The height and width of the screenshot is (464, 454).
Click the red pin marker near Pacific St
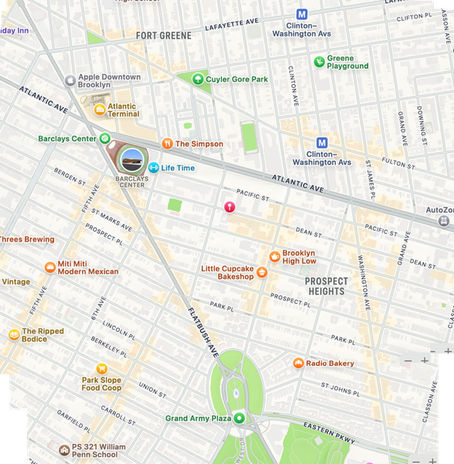pos(229,206)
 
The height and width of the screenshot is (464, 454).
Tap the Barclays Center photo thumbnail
pos(131,160)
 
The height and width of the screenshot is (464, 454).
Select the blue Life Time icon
pos(153,168)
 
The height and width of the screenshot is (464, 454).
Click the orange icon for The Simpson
pos(167,144)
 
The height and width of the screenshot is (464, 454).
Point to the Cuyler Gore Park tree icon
pos(198,79)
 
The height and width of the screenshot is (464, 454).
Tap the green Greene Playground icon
pos(319,62)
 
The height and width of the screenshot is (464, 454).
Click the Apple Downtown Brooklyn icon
pos(71,78)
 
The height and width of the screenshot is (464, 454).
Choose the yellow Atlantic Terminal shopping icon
pos(99,110)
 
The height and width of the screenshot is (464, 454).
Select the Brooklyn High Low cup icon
pos(274,257)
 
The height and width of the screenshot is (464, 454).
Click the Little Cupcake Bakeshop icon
pos(262,272)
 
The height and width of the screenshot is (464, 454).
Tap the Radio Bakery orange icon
pos(298,363)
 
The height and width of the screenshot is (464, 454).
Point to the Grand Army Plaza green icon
pos(239,418)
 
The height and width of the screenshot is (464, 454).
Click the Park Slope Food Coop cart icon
pos(101,369)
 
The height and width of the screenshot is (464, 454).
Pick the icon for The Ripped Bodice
pos(13,335)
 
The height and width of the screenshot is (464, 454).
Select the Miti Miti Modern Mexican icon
pos(49,268)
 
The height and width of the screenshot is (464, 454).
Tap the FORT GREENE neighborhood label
pos(163,36)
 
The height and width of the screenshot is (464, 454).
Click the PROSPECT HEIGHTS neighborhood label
pos(326,286)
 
